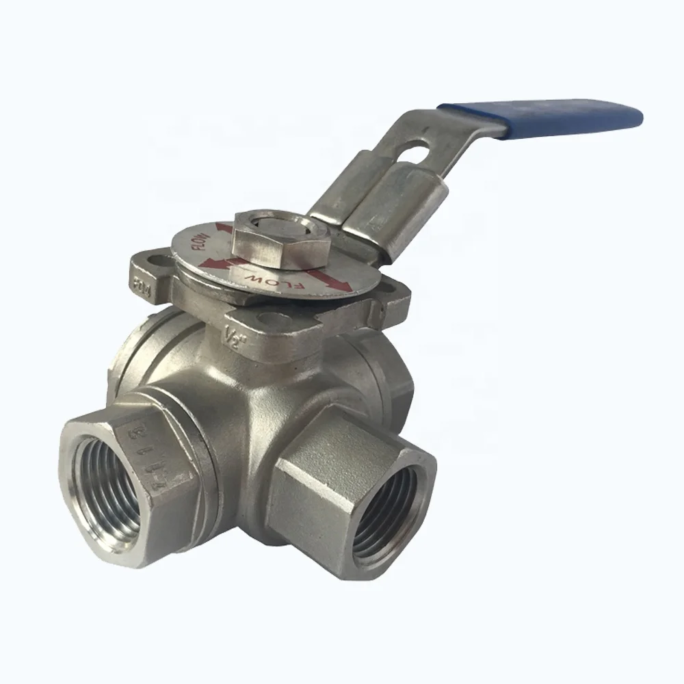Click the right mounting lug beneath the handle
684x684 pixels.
pyautogui.click(x=390, y=301)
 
